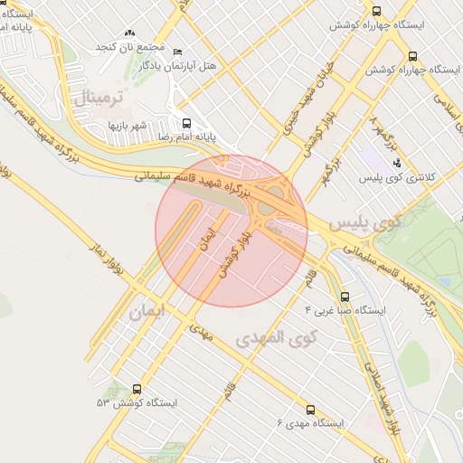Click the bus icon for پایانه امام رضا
pos(187,123)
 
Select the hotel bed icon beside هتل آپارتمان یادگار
pos(176,52)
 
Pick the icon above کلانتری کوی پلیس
pos(397,163)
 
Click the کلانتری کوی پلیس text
pos(397,177)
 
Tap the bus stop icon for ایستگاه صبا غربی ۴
pos(344,296)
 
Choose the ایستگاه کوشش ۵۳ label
pos(136,402)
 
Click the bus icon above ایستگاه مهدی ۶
pos(311,410)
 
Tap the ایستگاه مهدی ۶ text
pos(310,423)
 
